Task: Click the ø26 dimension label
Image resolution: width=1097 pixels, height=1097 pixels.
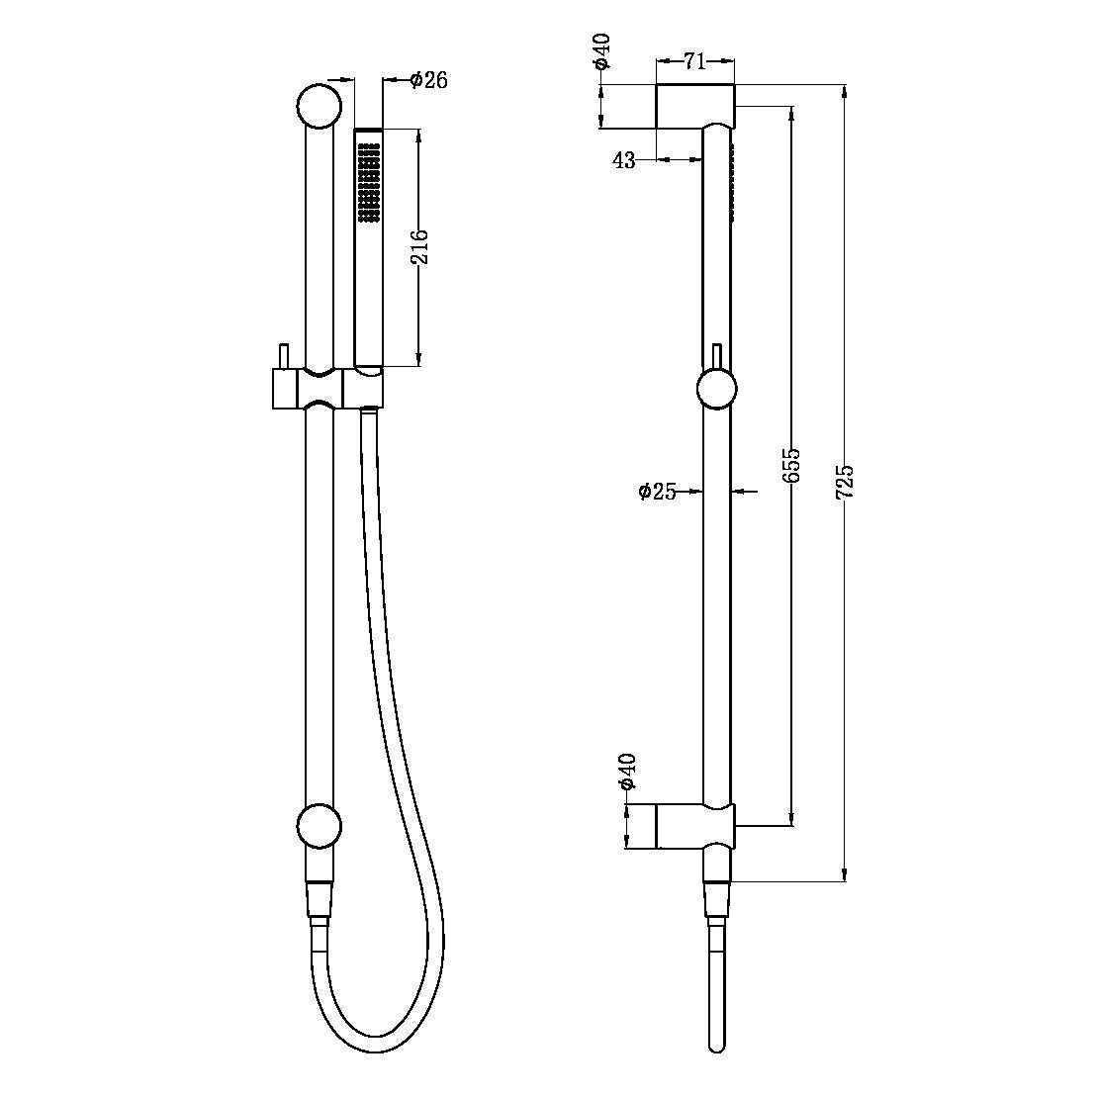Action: click(x=428, y=80)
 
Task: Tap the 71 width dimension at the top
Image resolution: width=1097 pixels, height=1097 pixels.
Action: click(x=694, y=62)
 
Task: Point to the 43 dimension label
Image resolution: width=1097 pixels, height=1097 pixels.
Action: click(x=624, y=161)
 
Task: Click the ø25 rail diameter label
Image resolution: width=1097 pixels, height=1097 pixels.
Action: click(x=659, y=491)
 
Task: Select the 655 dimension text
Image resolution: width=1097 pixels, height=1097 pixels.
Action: click(x=791, y=465)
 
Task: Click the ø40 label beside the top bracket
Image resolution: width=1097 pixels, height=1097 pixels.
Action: click(x=602, y=51)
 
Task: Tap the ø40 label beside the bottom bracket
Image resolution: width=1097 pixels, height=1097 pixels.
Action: click(x=626, y=771)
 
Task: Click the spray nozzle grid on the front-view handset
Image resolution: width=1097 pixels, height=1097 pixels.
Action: click(x=369, y=180)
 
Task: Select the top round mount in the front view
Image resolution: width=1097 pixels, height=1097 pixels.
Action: click(x=319, y=106)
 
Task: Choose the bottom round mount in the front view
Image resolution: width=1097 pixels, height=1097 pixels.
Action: click(x=319, y=827)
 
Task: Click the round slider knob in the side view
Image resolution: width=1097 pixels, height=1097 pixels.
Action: click(x=716, y=388)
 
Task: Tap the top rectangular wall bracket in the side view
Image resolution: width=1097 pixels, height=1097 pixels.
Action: click(x=694, y=106)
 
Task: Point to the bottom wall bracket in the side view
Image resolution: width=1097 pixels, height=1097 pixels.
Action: click(x=694, y=826)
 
